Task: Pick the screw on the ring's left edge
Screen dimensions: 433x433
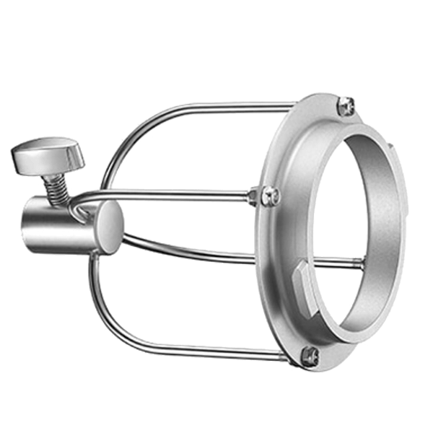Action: (268, 193)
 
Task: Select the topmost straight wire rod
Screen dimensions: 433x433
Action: (216, 107)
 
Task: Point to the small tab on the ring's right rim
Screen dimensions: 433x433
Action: (390, 148)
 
